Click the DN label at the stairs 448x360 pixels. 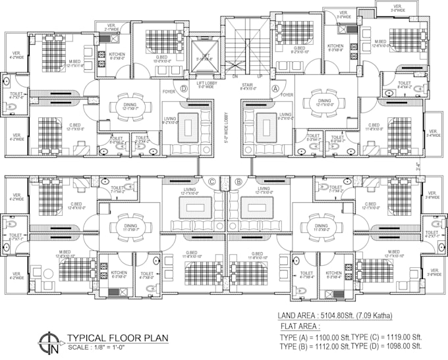pos(235,76)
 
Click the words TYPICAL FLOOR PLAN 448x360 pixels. pos(117,338)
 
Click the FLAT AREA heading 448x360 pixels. pos(299,325)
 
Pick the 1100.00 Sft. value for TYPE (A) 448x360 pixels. pos(329,336)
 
